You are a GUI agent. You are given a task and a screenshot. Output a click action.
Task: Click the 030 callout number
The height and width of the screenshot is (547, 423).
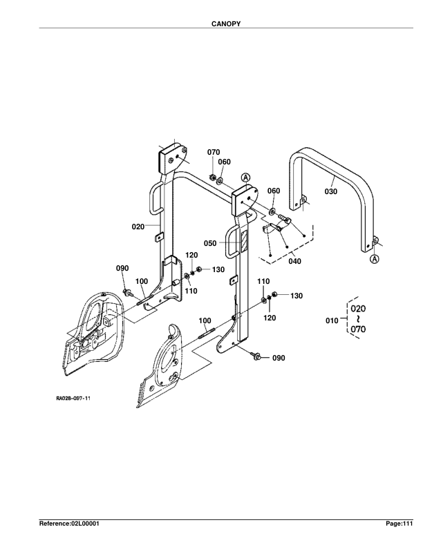click(330, 191)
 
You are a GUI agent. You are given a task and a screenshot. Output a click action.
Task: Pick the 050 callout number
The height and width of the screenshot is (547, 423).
click(210, 243)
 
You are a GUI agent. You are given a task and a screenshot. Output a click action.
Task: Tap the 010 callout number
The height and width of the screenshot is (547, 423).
click(332, 320)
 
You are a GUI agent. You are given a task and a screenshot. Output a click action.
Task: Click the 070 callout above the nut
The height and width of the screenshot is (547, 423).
click(214, 151)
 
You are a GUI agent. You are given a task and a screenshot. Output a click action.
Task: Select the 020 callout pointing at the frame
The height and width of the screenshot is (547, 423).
click(138, 226)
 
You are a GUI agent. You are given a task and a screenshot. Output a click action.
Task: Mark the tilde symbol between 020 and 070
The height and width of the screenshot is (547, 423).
click(358, 320)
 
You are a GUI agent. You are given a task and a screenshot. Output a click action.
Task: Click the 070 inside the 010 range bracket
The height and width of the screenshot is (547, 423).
click(358, 330)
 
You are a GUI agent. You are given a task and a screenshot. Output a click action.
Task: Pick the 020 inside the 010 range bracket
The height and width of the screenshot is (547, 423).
click(358, 308)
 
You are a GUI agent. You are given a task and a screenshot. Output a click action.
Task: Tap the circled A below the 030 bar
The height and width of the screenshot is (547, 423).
click(374, 259)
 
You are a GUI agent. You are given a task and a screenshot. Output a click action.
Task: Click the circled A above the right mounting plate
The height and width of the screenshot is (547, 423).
click(245, 177)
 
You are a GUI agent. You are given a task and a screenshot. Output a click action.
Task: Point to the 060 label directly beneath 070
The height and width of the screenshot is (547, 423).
click(225, 162)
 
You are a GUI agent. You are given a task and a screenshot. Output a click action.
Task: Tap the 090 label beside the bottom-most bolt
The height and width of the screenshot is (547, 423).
click(278, 358)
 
